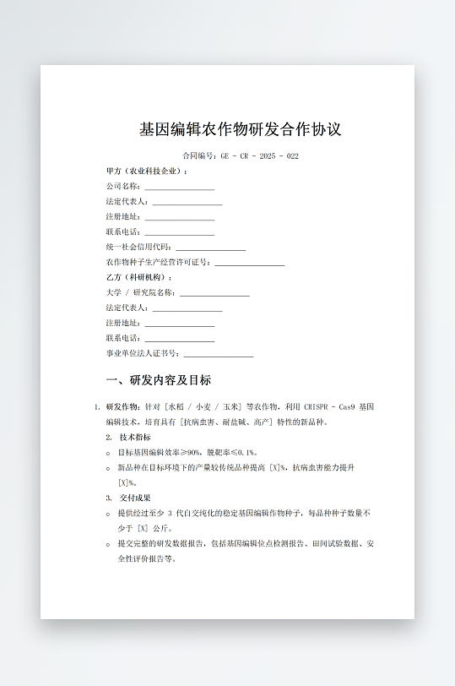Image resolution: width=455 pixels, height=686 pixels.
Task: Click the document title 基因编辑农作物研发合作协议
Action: tap(241, 130)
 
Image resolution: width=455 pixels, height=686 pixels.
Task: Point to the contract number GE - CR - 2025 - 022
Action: tap(260, 156)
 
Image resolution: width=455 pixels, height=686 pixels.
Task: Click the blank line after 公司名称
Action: tap(179, 188)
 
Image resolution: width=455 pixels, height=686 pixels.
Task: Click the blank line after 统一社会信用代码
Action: tap(210, 248)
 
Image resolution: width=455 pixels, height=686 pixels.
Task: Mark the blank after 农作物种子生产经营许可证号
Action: tap(249, 264)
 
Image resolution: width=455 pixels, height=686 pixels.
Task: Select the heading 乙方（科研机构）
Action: tap(139, 278)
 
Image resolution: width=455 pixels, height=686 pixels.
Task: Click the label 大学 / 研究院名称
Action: tap(140, 293)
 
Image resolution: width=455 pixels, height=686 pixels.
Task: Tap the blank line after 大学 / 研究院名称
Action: tap(214, 294)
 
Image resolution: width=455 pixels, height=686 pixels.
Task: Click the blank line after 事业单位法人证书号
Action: tap(218, 355)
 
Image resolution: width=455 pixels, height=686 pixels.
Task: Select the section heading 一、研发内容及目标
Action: tap(159, 380)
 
